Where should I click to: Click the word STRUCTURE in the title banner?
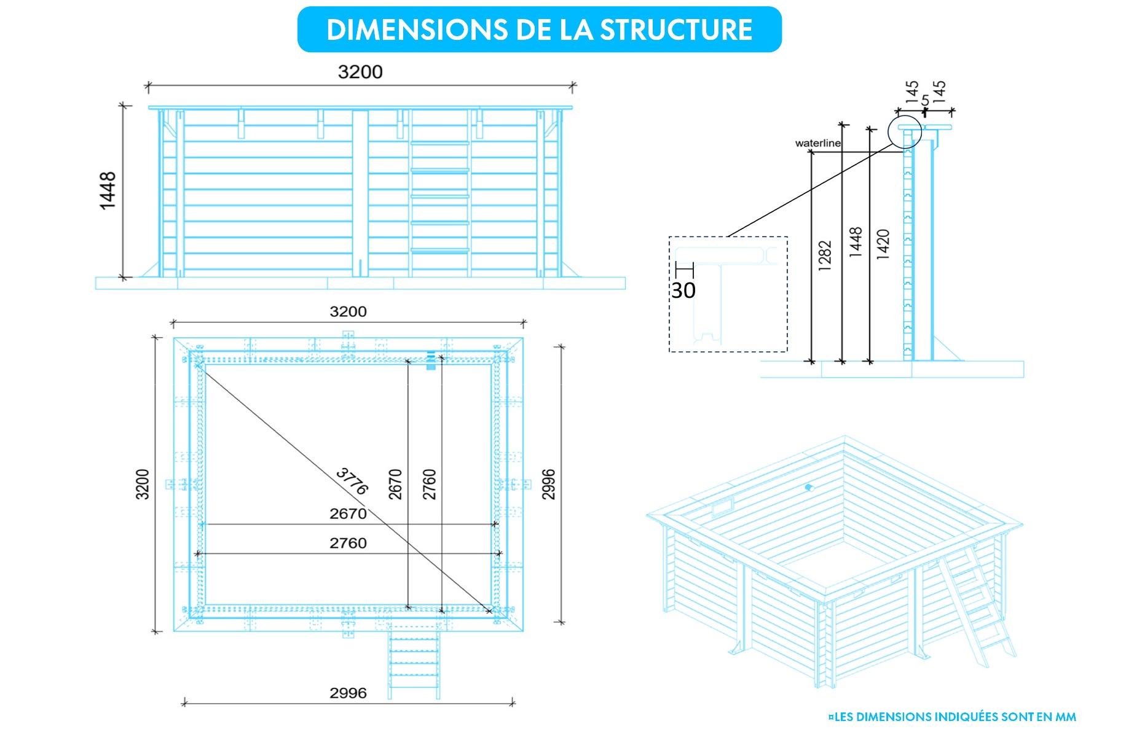676,30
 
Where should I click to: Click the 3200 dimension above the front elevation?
360,72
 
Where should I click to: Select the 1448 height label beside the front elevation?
108,190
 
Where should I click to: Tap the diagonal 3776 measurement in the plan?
352,481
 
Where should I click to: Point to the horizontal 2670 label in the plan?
348,513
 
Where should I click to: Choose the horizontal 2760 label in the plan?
348,543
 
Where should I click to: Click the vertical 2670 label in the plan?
395,484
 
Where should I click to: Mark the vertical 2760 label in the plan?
429,484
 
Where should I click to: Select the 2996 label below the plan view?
348,693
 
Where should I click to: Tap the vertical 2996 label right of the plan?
548,484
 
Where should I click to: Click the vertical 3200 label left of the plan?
143,484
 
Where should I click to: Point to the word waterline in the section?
817,143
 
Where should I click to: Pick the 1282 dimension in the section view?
825,255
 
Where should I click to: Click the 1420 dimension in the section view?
883,244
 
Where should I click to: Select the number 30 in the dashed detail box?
683,291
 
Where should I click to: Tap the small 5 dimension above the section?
925,100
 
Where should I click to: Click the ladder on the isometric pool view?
977,608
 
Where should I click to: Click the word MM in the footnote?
1066,717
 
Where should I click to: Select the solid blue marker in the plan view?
431,361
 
